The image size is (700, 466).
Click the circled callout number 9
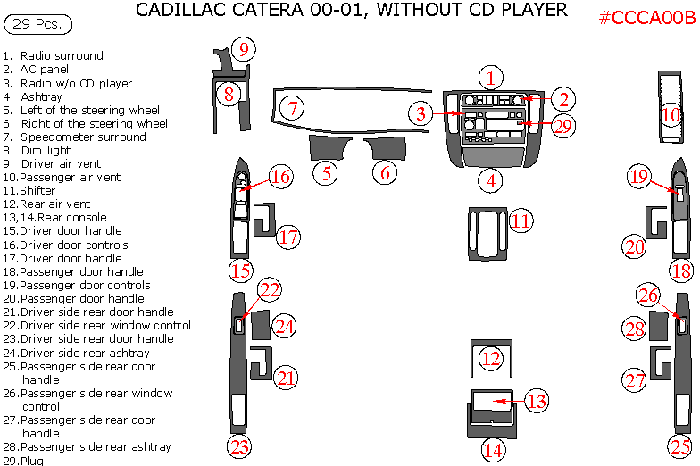pos(242,49)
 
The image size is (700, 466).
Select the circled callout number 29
pos(562,126)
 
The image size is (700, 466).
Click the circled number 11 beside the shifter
pos(521,221)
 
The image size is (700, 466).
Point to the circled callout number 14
pos(493,449)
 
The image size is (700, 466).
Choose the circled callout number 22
pos(270,289)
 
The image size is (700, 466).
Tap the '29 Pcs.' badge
pos(37,23)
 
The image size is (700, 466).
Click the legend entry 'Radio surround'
pos(62,55)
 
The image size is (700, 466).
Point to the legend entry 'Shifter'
pos(37,191)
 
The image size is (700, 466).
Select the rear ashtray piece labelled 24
pos(260,327)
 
